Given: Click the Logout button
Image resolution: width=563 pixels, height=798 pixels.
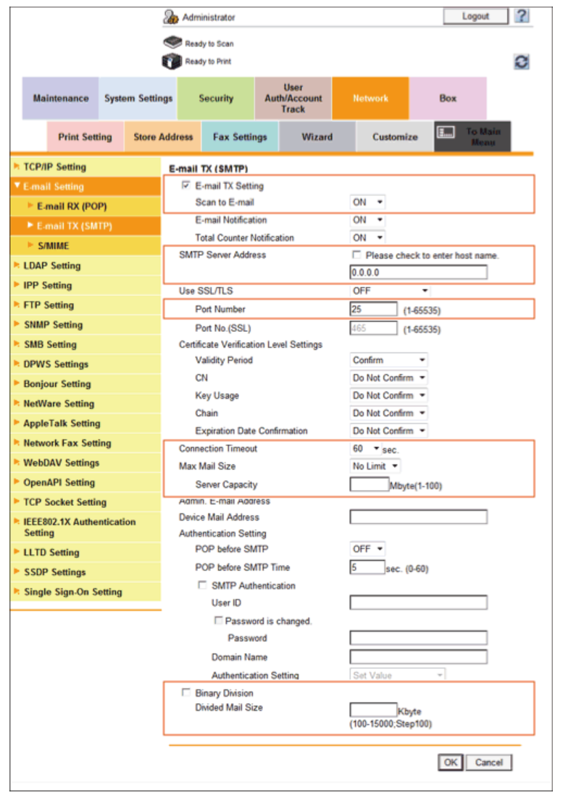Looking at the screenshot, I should tap(475, 16).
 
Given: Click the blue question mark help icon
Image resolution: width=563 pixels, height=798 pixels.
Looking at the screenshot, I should tap(522, 16).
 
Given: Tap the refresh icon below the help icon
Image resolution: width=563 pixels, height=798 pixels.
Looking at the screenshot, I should tap(521, 62).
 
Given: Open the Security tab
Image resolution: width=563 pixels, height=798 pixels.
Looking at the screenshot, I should tap(216, 99).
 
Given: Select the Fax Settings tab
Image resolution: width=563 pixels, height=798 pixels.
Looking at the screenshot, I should tap(240, 137).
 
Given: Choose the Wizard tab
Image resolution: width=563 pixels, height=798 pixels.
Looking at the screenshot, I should tap(317, 137).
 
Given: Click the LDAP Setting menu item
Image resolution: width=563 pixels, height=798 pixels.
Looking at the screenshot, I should tap(51, 266).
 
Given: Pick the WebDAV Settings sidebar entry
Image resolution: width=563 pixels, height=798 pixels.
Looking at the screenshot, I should tap(61, 462).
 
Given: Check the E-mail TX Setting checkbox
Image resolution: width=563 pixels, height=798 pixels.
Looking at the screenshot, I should tap(186, 186).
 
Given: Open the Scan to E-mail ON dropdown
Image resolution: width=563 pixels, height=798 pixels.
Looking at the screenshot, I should tap(367, 202).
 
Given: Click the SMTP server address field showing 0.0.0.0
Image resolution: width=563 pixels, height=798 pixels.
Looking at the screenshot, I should tap(418, 273).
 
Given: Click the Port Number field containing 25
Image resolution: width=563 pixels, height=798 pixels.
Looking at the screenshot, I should tap(374, 309).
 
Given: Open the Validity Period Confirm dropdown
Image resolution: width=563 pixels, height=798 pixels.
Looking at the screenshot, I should tap(388, 360).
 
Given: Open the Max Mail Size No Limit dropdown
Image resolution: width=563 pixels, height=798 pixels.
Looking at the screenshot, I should tap(375, 466).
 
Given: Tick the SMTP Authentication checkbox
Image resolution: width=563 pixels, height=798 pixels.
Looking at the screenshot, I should tap(202, 586).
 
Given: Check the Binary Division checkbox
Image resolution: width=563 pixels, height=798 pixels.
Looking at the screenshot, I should tap(186, 694).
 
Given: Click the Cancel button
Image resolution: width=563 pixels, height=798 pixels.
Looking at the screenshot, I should tap(489, 762).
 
